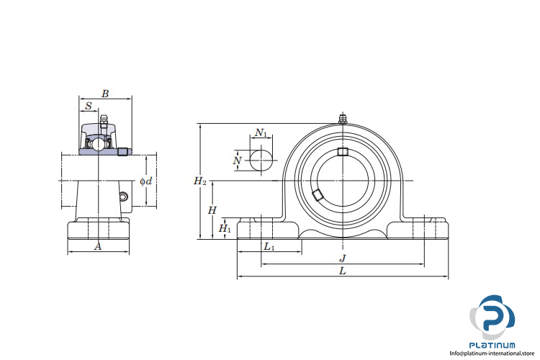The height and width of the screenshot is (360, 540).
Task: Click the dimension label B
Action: point(105,94)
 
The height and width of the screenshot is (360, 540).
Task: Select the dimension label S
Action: point(89,106)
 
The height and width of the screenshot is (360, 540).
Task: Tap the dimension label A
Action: point(98,247)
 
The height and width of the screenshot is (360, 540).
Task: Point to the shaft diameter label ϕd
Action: point(146,181)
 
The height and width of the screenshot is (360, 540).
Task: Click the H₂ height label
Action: point(200,181)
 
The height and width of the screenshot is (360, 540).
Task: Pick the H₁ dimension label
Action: point(225,228)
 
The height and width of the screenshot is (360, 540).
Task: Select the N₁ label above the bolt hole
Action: point(261,132)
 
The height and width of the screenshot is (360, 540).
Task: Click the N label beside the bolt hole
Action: point(238,161)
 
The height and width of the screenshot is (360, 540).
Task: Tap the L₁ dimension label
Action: point(269,247)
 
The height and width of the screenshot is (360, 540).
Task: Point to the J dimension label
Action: point(343,258)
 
